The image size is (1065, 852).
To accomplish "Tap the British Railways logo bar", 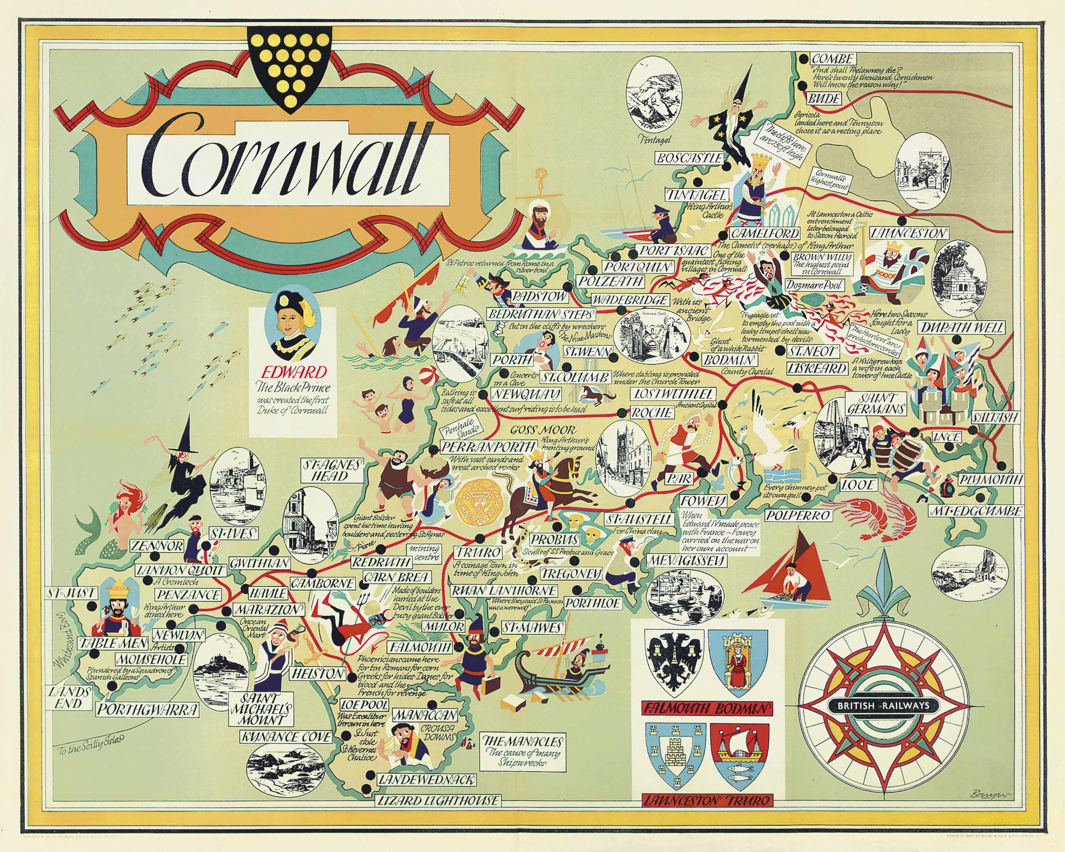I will [883, 706].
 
